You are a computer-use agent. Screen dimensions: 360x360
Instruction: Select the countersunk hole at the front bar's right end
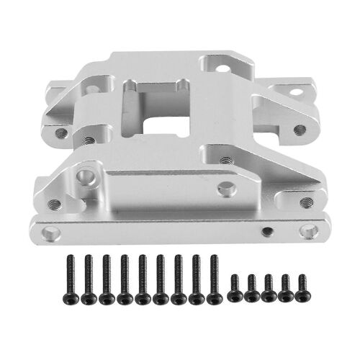point(309,231)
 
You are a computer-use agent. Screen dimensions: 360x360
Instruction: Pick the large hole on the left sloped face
point(86,175)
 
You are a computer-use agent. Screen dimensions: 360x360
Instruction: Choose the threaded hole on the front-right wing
point(306,202)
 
